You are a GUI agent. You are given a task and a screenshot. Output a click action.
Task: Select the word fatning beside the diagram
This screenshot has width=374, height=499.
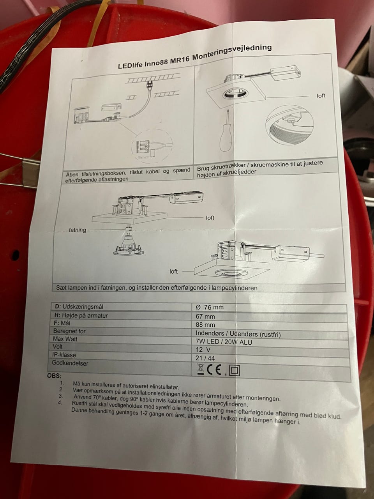click(x=78, y=230)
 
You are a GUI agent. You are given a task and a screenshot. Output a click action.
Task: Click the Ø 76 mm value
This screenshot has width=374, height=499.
click(x=210, y=307)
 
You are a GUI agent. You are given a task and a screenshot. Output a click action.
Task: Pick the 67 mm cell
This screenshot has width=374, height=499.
click(x=205, y=317)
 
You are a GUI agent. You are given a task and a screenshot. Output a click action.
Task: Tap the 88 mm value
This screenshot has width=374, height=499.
click(x=205, y=325)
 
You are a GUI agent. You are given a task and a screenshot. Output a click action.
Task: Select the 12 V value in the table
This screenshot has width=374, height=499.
click(x=203, y=349)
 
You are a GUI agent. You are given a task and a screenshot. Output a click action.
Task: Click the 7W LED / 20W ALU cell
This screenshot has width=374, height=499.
click(x=224, y=342)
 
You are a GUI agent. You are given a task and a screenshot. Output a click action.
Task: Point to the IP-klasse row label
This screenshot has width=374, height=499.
click(x=64, y=355)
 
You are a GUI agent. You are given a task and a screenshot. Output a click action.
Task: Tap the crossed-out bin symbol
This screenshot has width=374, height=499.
click(x=201, y=370)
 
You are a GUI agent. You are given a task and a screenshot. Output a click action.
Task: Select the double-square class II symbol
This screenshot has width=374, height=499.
click(x=235, y=371)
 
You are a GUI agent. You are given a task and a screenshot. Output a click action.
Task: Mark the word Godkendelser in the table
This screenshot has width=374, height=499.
click(x=70, y=363)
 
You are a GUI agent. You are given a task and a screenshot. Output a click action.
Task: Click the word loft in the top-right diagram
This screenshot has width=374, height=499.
click(x=321, y=96)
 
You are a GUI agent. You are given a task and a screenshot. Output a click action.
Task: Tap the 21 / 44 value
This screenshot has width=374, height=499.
click(x=205, y=358)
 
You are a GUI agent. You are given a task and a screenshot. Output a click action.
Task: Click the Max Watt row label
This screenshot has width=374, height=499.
click(x=65, y=339)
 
